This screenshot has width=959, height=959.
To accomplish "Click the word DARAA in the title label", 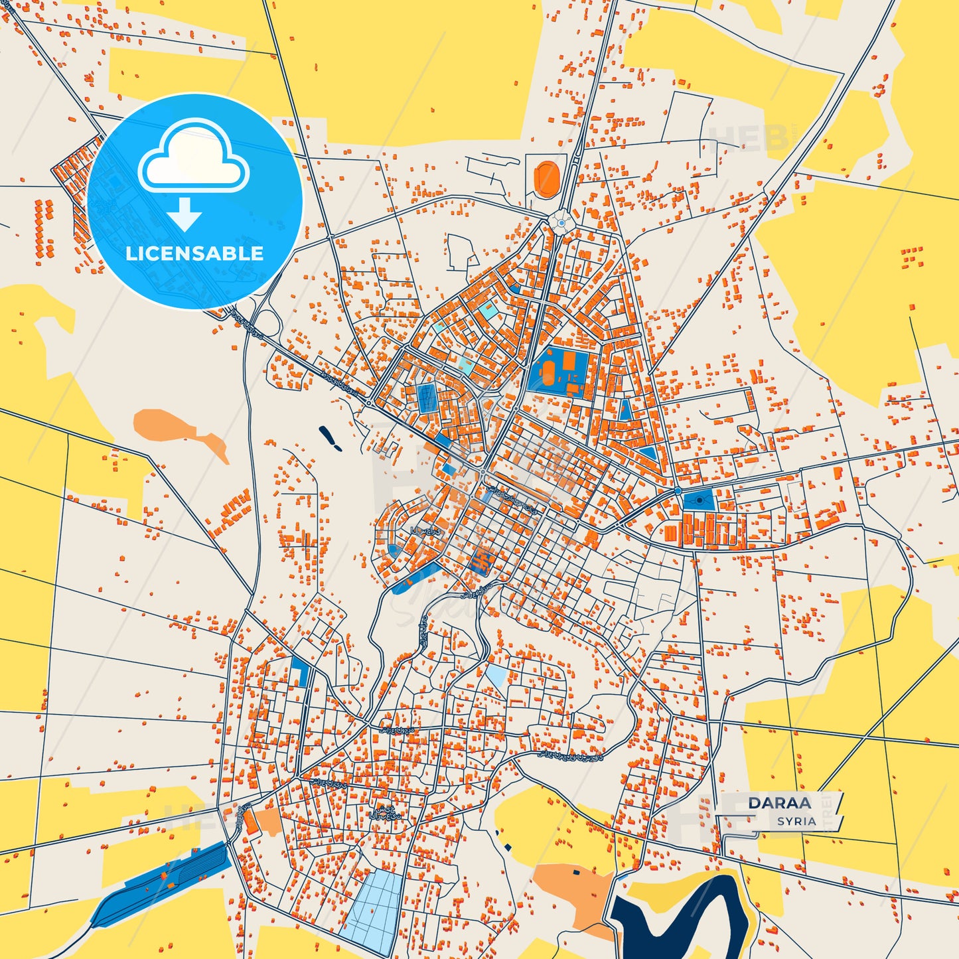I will point(779,802).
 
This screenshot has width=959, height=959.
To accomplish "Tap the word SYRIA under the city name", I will point(796,821).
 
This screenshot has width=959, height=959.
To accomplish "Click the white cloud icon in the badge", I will point(193,159).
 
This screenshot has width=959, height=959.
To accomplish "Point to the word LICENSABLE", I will point(194,254).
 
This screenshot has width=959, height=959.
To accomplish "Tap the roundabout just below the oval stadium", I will point(561,224).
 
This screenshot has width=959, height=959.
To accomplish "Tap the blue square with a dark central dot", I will point(699,500).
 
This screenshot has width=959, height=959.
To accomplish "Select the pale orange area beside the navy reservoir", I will point(574,889).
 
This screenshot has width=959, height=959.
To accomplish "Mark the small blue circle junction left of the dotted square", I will point(678,490).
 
